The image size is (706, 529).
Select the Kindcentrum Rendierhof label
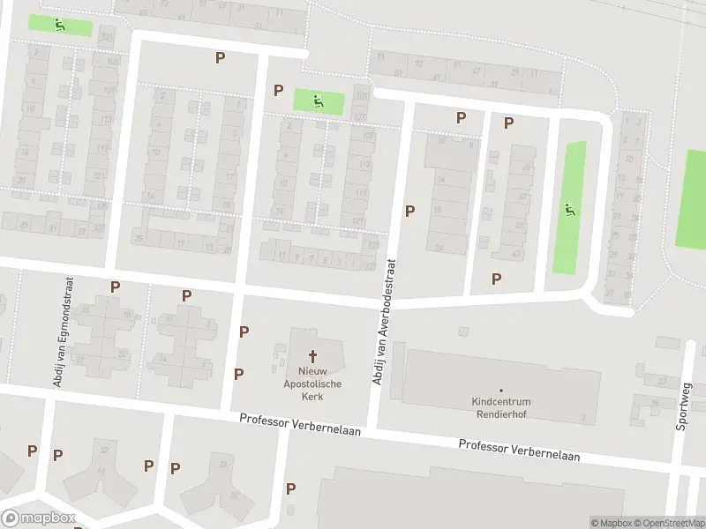click(x=501, y=408)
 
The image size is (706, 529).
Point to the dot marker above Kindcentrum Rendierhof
click(x=501, y=390)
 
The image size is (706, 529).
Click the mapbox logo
click(x=39, y=518)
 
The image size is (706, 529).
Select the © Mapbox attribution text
click(x=612, y=523)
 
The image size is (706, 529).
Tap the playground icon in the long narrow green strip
click(x=569, y=210)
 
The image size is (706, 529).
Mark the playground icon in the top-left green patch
click(x=60, y=25)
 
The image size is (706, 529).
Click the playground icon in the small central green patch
click(x=318, y=101)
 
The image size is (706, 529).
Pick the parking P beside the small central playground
click(x=279, y=90)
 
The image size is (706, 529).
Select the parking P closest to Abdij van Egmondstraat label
click(x=115, y=286)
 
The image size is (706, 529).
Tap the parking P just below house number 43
click(x=496, y=279)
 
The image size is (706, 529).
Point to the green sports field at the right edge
click(x=691, y=198)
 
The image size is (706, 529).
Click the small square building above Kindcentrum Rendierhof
click(x=463, y=332)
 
